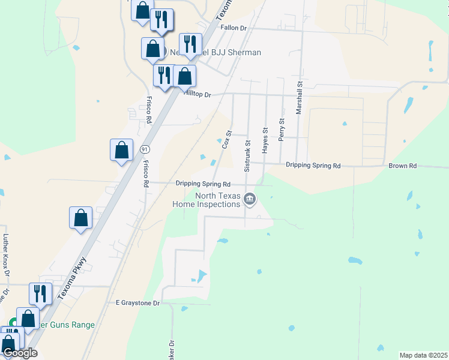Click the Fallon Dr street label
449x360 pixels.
(234, 28)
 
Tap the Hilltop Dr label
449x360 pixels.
(198, 95)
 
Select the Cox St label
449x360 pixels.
(226, 140)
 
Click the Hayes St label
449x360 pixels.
(264, 139)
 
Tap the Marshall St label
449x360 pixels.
(298, 98)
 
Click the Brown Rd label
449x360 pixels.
(402, 166)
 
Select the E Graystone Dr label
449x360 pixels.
(138, 304)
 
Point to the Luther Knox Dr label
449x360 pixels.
(7, 255)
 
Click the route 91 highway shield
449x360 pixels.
(145, 148)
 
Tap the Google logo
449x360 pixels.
(19, 353)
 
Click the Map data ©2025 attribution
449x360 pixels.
(423, 355)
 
